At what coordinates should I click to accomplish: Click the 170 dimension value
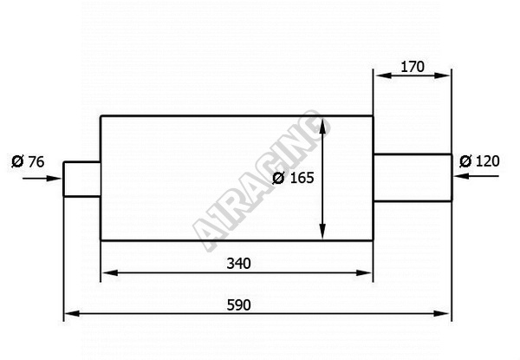[x=413, y=67]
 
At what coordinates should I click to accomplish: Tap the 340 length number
[x=239, y=264]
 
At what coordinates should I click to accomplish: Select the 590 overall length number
[x=239, y=305]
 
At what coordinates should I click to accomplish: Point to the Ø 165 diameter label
[x=293, y=178]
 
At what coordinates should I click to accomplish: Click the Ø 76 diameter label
[x=28, y=161]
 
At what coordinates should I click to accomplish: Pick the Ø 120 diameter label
[x=479, y=161]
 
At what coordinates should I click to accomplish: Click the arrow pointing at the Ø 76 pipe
[x=42, y=179]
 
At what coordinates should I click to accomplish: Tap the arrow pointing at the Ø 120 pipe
[x=476, y=176]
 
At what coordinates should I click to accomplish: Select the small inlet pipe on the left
[x=82, y=180]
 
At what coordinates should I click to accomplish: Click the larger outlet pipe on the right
[x=413, y=178]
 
